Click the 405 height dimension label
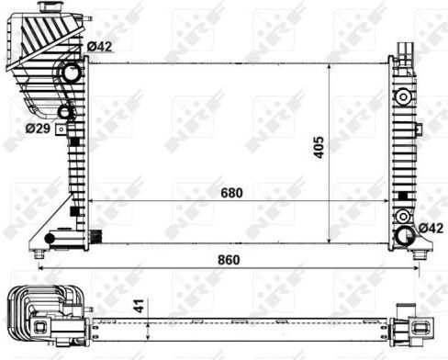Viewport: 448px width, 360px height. (x=319, y=148)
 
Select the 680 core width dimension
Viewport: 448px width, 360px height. (x=231, y=193)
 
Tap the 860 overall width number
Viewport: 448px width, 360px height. (x=229, y=260)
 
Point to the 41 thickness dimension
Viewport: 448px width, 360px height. (x=140, y=306)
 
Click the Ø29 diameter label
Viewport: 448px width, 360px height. (x=38, y=129)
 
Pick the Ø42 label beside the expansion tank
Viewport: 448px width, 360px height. (x=99, y=47)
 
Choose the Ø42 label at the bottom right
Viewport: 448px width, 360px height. (x=431, y=228)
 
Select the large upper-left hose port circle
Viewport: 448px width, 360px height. (x=72, y=73)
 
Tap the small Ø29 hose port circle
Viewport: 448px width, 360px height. (x=65, y=112)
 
